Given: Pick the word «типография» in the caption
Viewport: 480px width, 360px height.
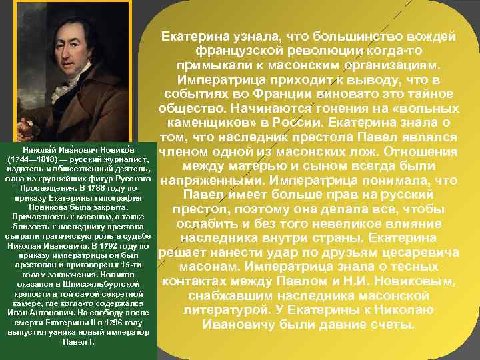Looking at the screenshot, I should coord(119,198).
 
